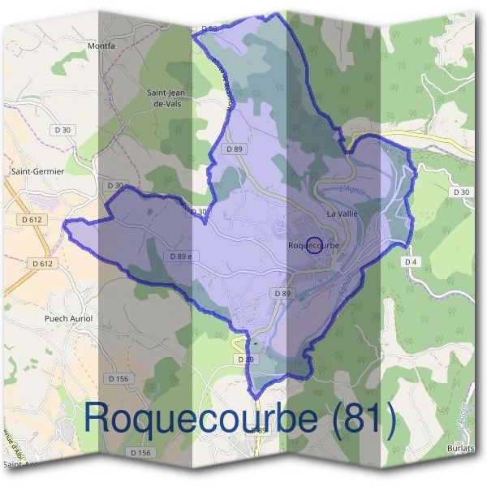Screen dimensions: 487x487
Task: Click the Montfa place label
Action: [x=102, y=46]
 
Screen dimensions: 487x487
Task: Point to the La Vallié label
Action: [x=342, y=213]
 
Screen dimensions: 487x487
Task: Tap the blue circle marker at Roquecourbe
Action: [x=312, y=243]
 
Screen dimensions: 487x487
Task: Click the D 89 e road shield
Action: [x=183, y=256]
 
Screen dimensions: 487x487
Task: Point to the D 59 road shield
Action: [x=209, y=29]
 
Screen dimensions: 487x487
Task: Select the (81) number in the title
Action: [x=360, y=417]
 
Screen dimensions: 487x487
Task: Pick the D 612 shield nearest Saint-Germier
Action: [x=32, y=220]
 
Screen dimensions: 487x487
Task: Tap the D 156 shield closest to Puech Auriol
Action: [x=119, y=378]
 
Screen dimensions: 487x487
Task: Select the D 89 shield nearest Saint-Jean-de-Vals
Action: [x=235, y=149]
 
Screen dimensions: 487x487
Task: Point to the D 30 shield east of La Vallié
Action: [x=461, y=192]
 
